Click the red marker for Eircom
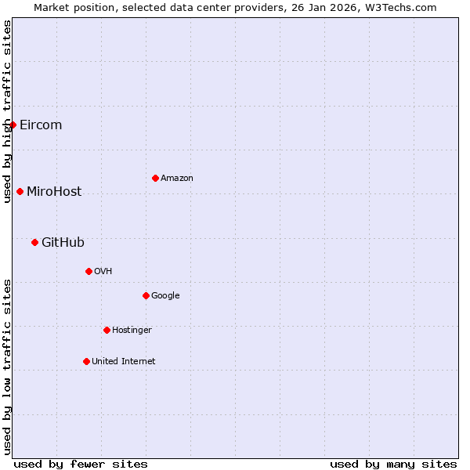click(13, 125)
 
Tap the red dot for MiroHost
click(20, 192)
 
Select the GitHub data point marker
click(34, 243)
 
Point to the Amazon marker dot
click(155, 179)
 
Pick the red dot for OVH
click(89, 272)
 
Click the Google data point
click(146, 296)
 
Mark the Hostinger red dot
click(107, 331)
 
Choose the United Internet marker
click(86, 362)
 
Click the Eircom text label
click(41, 125)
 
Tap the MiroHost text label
click(54, 192)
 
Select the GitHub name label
click(63, 243)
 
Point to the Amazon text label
click(177, 179)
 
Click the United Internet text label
click(124, 362)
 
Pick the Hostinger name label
click(132, 331)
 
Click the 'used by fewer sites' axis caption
click(81, 464)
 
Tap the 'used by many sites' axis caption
click(393, 464)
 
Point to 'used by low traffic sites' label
click(7, 367)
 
